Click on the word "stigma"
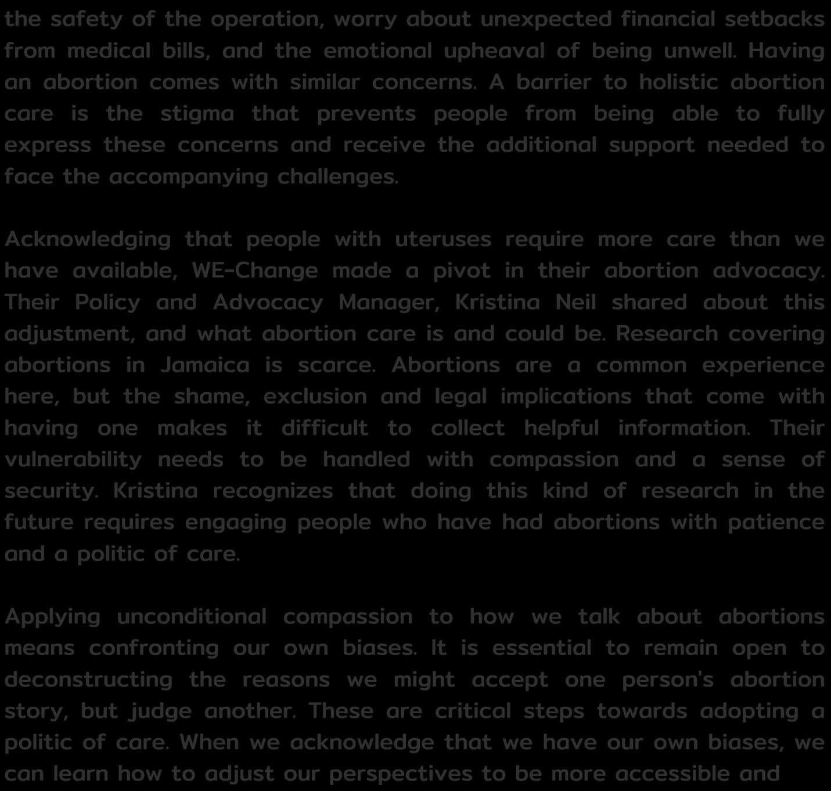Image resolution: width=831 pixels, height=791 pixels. (x=197, y=114)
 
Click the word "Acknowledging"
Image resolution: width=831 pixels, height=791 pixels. (x=88, y=239)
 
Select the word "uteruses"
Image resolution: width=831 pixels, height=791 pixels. (x=443, y=239)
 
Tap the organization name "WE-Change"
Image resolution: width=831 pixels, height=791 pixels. (x=254, y=271)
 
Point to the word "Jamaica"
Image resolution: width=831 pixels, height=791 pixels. (x=205, y=365)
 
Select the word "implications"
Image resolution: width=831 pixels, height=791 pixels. (x=565, y=396)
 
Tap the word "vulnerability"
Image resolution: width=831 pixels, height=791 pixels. (x=73, y=459)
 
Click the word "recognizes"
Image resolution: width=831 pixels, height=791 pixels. (x=272, y=491)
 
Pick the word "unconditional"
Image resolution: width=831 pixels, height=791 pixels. (x=192, y=616)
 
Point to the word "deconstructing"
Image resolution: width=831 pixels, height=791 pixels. (x=89, y=679)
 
